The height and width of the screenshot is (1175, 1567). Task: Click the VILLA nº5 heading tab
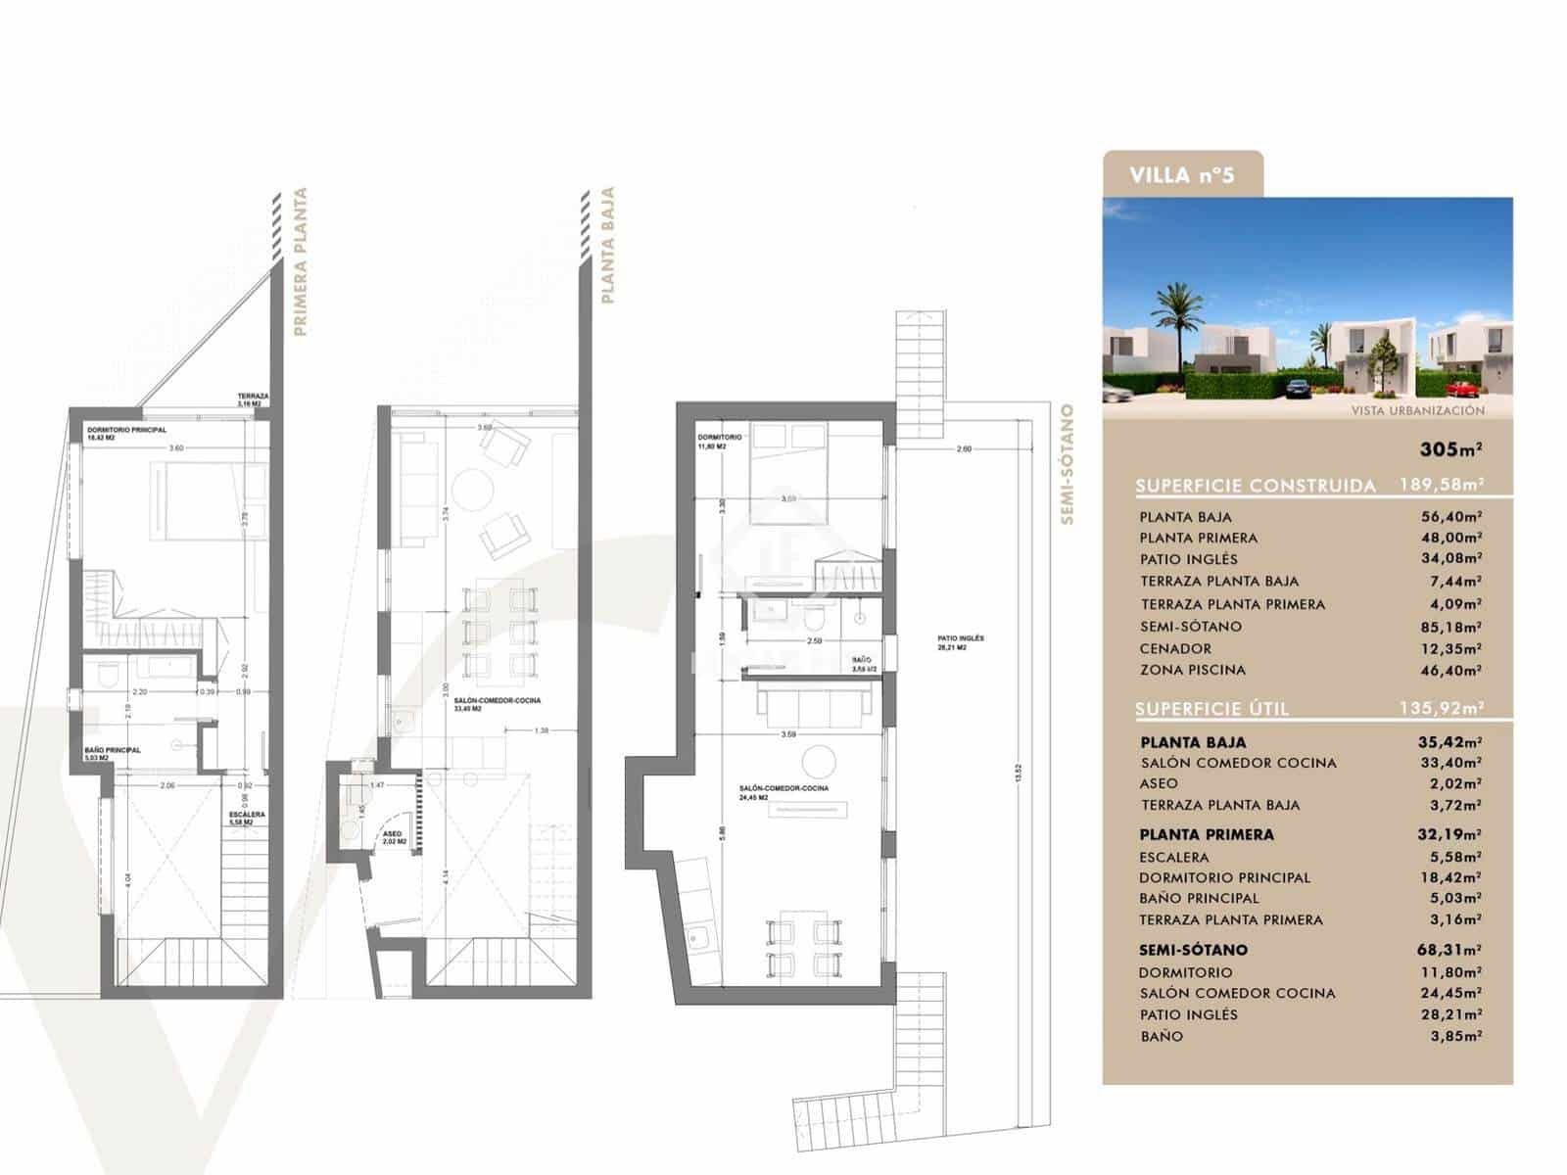coord(1181,176)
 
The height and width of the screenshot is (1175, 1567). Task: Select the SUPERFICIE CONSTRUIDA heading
coord(1256,486)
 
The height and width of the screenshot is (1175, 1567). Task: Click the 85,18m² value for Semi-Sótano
coord(1449,627)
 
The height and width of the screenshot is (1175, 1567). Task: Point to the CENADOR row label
coord(1175,649)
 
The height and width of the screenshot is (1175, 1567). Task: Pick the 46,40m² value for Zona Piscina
coord(1449,671)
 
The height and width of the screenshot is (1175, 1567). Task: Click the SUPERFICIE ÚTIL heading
coord(1212,709)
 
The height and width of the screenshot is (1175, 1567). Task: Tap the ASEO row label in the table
coord(1160,783)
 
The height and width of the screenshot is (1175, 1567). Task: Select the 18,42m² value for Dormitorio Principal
coord(1449,877)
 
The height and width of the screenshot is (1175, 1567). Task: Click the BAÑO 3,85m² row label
coord(1162,1036)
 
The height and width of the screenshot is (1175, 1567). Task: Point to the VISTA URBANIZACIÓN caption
coord(1417,411)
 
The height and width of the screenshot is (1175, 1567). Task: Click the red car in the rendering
coord(1461,387)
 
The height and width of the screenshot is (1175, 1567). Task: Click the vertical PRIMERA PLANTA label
coord(301,262)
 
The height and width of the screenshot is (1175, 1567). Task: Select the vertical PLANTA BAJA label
coord(607,246)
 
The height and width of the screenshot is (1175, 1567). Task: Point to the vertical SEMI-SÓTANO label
coord(1068,465)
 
